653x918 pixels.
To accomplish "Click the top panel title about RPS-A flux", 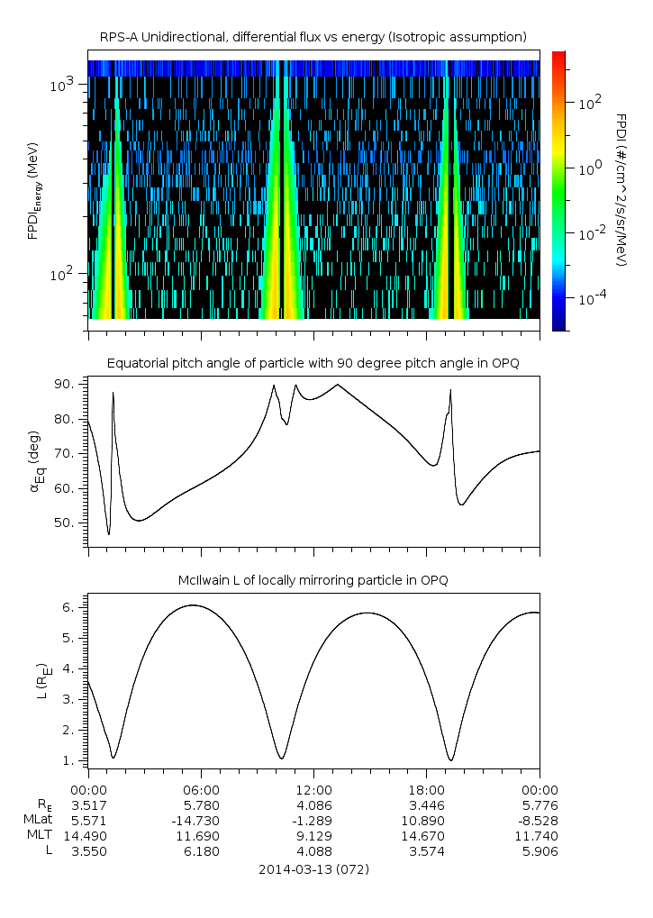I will tap(313, 36).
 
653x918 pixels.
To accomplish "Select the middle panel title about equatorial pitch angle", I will tap(313, 363).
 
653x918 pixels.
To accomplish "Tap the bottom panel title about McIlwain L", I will tap(313, 580).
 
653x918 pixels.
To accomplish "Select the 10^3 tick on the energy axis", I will tap(66, 85).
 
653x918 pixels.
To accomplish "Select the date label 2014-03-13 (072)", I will tap(313, 869).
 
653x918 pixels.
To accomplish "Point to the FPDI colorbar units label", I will tap(621, 190).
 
